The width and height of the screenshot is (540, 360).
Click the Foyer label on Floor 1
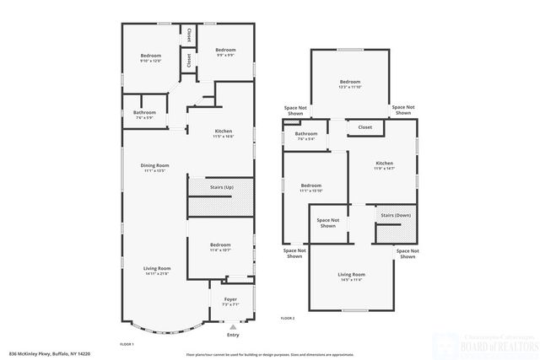pos(230,299)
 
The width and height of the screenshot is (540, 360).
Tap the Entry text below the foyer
pos(233,334)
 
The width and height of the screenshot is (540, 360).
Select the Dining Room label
pos(155,165)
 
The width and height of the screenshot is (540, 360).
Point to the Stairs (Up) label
pos(222,187)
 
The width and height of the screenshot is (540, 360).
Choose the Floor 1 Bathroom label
pos(144,112)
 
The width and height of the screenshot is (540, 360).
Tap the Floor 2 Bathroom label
pos(306,133)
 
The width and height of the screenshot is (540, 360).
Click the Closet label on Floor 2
pos(364,127)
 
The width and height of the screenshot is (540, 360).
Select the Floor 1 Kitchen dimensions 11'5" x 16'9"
pos(224,136)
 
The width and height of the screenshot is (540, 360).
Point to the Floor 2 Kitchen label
pos(384,163)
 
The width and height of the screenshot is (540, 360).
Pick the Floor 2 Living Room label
pos(351,275)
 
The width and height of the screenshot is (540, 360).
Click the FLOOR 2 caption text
pos(288,318)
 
